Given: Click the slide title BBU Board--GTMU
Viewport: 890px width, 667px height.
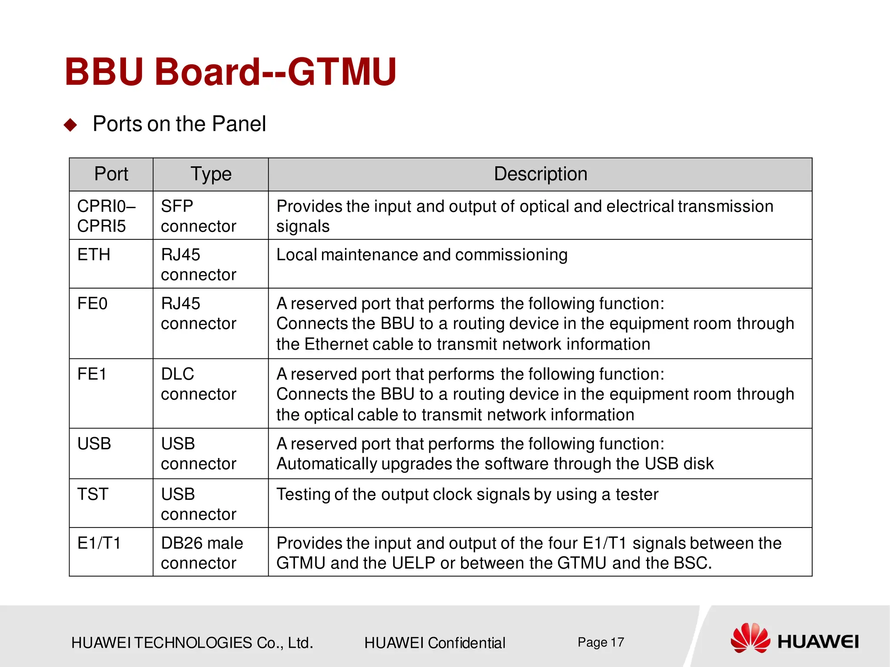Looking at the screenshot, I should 230,72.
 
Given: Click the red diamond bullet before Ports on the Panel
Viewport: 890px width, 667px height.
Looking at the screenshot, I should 70,125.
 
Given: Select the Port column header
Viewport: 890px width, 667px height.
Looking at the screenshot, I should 111,174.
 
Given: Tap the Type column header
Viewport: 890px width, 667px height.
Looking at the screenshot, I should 211,174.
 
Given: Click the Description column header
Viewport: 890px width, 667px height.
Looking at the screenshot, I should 540,174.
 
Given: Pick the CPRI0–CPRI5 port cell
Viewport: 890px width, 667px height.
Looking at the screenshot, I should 106,216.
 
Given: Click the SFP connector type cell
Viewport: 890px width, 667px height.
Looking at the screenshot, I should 198,216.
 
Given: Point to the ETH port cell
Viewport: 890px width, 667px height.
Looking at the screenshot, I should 94,255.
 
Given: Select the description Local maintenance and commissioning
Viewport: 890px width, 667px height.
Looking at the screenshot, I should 422,255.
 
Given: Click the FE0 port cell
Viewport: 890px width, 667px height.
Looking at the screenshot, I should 93,303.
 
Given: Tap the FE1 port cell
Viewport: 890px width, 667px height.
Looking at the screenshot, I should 92,374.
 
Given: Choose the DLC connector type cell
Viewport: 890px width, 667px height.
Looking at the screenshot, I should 198,384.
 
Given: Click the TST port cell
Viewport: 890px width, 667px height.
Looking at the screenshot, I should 93,494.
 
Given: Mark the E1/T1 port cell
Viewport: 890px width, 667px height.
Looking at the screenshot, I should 99,543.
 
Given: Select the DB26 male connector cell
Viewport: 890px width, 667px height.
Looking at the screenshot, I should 202,553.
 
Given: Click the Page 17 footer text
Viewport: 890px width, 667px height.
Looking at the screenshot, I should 601,642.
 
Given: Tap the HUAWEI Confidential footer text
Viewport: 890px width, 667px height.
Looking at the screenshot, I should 435,643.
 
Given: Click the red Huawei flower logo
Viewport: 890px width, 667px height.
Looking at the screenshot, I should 750,638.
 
